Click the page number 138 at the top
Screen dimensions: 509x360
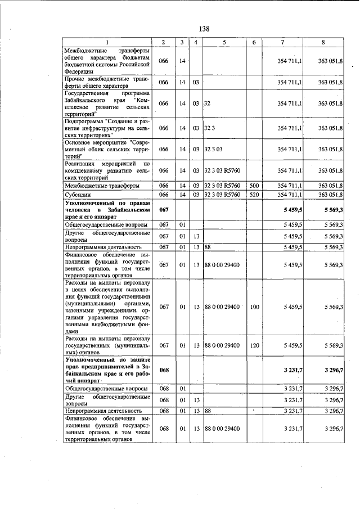[204, 29]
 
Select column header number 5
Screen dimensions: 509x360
[223, 42]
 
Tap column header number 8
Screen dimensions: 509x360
[323, 42]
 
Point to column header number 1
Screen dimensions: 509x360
[107, 42]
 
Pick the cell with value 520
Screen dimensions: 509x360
[254, 195]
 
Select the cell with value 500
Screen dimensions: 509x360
[254, 186]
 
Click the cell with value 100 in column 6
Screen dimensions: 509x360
[254, 307]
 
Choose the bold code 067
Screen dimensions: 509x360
[163, 210]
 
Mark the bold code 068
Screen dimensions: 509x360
[163, 370]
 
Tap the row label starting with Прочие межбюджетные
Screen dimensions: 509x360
[107, 82]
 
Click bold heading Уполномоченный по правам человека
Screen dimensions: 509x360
[107, 210]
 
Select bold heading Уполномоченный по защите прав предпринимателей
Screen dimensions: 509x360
[107, 370]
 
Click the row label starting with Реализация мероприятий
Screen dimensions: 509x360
[107, 170]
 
